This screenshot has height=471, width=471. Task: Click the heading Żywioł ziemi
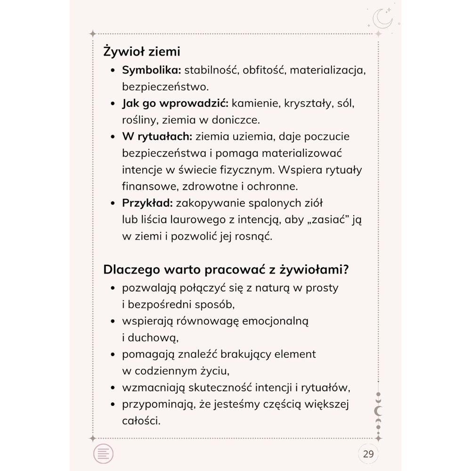click(142, 51)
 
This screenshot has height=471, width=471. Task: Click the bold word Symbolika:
click(152, 70)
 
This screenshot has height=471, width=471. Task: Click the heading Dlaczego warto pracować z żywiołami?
click(226, 270)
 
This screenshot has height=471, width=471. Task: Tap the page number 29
click(368, 454)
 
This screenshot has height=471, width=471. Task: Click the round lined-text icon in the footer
click(104, 454)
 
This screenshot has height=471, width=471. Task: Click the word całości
click(141, 420)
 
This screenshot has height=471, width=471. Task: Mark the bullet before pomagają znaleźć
click(113, 354)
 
